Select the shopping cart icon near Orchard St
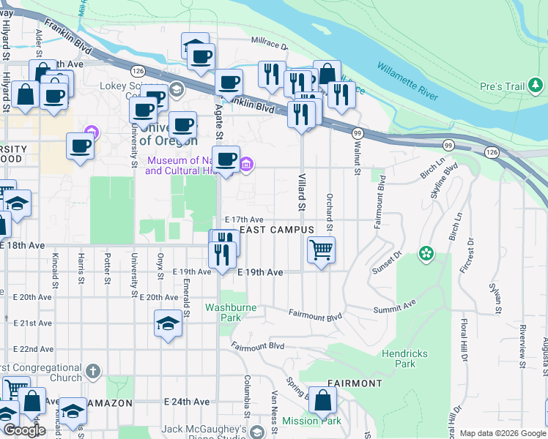322,250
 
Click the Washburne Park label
231,312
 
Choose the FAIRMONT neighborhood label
355,383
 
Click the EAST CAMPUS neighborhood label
277,230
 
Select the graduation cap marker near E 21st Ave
168,323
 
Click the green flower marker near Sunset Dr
426,254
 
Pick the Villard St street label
301,192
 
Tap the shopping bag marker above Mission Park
322,400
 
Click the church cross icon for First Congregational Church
92,371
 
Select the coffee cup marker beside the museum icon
226,159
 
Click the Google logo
23,430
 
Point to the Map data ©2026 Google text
502,433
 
